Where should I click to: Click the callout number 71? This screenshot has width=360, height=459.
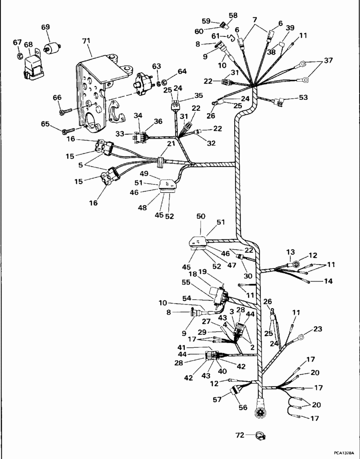click(87, 42)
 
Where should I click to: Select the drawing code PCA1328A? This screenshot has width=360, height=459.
click(345, 452)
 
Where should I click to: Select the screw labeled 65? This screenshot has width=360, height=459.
click(67, 129)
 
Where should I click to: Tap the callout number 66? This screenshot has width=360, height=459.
click(57, 98)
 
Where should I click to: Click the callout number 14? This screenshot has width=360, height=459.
click(328, 281)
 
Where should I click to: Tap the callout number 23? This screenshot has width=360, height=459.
click(318, 329)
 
